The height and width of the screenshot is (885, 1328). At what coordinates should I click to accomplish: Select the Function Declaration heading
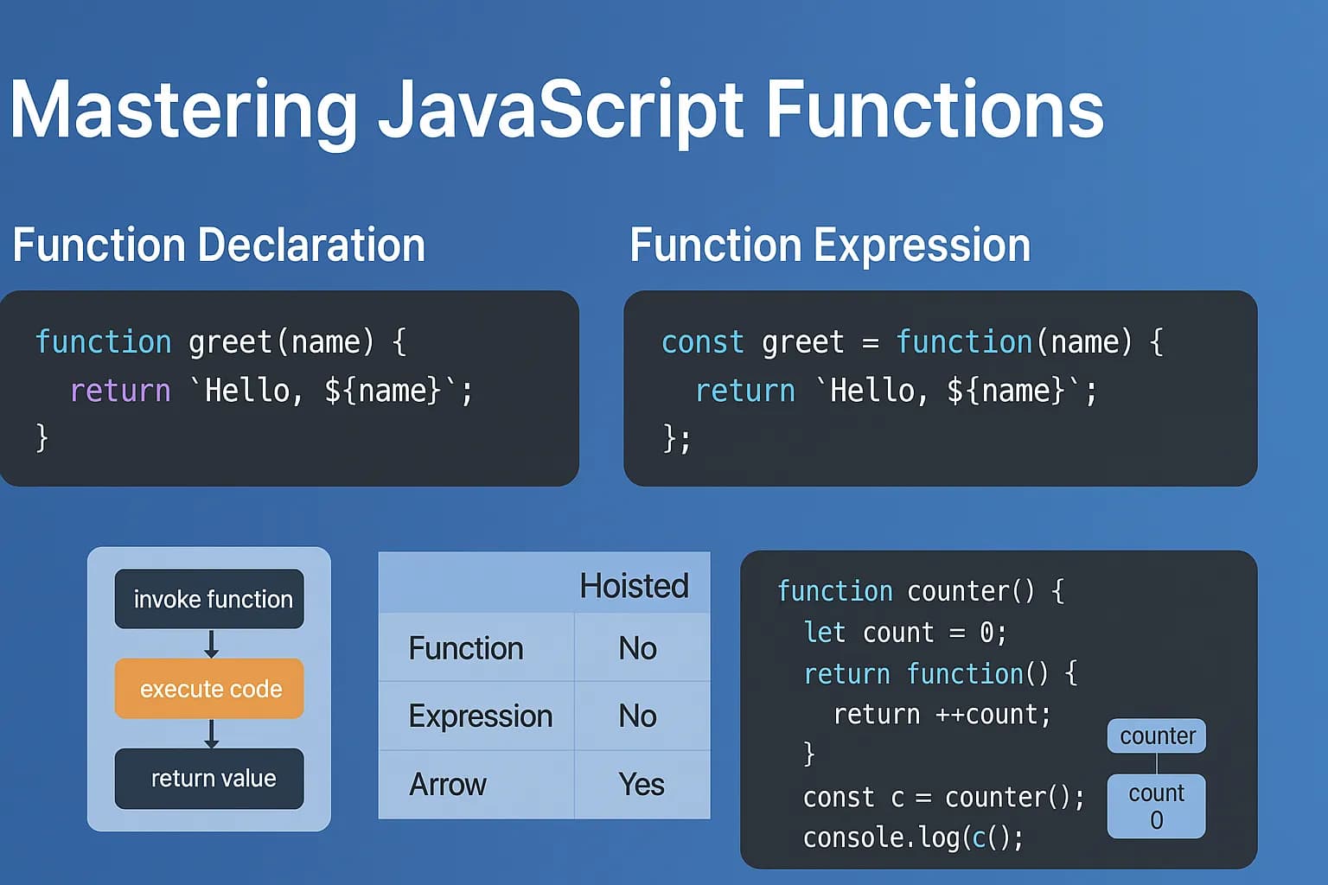point(219,245)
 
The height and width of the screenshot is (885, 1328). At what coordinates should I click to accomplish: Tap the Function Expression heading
point(830,245)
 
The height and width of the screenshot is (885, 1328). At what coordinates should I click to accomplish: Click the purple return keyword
point(120,392)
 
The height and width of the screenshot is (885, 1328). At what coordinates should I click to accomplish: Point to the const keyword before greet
point(703,342)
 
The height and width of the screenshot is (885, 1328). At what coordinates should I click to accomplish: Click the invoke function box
point(209,599)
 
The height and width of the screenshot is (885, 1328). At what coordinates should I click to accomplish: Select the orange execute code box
point(209,688)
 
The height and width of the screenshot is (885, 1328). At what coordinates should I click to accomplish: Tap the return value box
point(209,779)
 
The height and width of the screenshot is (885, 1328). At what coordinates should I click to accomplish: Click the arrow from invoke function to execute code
point(211,644)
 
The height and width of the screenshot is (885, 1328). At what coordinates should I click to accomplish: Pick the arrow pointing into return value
point(211,734)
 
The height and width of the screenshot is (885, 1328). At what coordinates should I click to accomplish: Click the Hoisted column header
point(634,586)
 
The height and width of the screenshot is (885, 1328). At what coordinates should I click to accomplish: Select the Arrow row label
point(448,784)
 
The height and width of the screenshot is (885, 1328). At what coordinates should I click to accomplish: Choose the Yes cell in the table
point(641,784)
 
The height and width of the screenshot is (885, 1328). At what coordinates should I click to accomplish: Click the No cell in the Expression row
point(637,716)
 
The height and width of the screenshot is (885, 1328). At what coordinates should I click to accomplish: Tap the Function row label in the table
point(466,648)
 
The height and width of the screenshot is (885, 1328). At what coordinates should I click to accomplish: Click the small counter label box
point(1157,735)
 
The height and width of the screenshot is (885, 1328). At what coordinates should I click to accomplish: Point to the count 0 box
point(1157,806)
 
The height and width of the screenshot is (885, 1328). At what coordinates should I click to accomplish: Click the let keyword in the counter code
point(824,633)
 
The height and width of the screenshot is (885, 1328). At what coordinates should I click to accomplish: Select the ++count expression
point(993,715)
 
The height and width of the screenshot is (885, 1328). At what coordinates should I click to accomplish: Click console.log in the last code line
point(881,837)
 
